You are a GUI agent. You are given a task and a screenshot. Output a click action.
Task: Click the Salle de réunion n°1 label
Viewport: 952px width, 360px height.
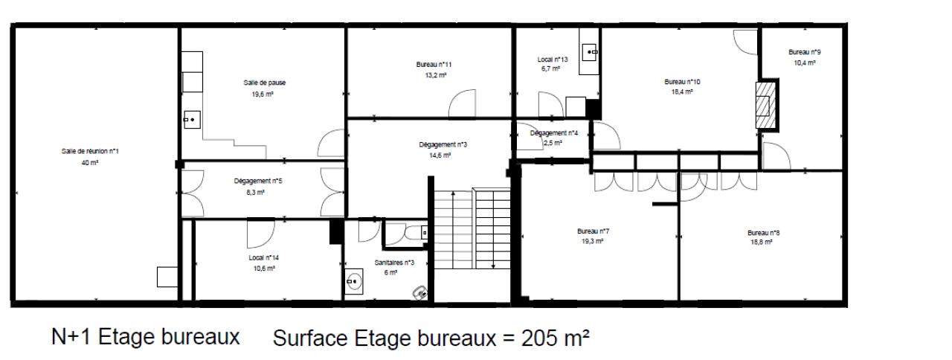click(x=90, y=151)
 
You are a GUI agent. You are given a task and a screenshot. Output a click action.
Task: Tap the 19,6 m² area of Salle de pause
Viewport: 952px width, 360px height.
click(x=263, y=94)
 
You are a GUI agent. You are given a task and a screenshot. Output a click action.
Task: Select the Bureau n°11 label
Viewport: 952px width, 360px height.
click(x=434, y=65)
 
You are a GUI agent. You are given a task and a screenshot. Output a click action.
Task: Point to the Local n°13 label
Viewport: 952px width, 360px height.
click(x=553, y=60)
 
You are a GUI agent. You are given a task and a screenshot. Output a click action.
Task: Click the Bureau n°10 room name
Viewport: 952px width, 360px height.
click(x=682, y=82)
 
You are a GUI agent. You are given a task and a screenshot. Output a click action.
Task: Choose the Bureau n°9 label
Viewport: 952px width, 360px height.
click(x=805, y=52)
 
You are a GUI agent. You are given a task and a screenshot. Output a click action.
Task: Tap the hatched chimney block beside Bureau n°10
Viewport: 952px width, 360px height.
click(x=765, y=105)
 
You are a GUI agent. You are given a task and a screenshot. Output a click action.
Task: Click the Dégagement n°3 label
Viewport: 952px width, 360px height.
click(x=443, y=144)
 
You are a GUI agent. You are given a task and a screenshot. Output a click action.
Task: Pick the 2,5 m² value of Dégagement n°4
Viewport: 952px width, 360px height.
click(x=553, y=144)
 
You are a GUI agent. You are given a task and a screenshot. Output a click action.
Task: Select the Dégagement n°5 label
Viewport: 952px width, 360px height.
click(x=258, y=181)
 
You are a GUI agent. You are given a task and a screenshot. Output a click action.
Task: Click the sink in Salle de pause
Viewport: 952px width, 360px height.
click(x=192, y=120)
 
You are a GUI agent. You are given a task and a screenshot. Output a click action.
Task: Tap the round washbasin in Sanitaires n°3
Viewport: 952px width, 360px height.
click(x=353, y=281)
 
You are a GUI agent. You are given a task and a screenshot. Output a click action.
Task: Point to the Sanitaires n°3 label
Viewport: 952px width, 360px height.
click(x=394, y=263)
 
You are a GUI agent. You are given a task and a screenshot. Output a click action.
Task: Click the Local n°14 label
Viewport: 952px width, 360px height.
click(x=263, y=258)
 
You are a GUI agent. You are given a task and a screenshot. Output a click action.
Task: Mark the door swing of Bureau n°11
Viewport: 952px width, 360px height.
click(x=463, y=103)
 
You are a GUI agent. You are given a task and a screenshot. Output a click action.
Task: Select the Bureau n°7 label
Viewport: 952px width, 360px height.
click(x=593, y=231)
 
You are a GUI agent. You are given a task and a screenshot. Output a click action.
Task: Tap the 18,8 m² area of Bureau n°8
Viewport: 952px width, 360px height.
click(x=761, y=242)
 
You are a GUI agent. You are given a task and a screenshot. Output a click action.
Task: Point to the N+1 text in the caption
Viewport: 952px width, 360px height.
click(x=71, y=337)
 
